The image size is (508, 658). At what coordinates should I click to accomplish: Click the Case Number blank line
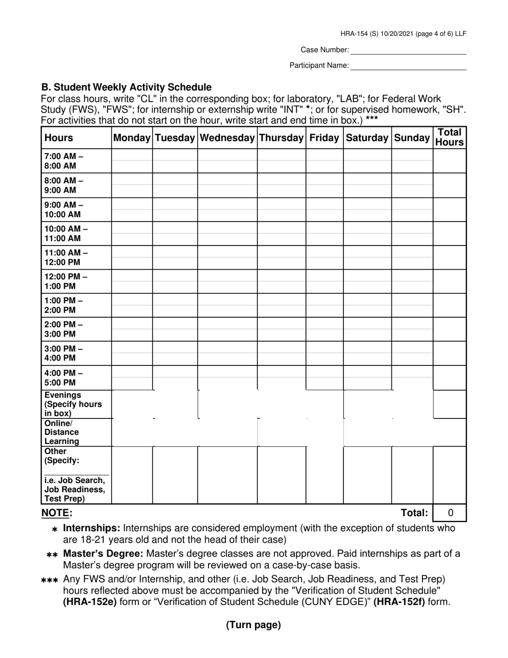(x=408, y=50)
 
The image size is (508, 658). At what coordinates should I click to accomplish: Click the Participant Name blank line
(x=408, y=65)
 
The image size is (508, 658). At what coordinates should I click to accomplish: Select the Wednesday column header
(x=227, y=138)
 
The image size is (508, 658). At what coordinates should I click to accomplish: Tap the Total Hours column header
(x=449, y=137)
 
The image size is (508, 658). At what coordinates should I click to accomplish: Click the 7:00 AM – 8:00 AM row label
(x=64, y=161)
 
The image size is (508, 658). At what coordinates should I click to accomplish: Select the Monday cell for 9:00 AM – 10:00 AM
(x=132, y=209)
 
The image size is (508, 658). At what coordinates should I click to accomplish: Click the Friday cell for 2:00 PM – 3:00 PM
(x=325, y=329)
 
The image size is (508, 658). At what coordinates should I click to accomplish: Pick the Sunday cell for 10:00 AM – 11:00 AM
(x=412, y=233)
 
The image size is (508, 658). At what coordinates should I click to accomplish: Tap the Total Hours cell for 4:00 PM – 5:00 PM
(x=449, y=378)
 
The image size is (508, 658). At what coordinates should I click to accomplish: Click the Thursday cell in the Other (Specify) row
(x=281, y=475)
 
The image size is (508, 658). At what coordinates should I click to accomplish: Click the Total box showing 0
(x=450, y=513)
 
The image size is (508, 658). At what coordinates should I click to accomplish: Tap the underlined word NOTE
(x=57, y=513)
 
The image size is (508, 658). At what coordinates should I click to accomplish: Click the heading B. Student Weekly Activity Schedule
(x=127, y=87)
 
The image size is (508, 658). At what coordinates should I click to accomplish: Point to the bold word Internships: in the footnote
(x=91, y=529)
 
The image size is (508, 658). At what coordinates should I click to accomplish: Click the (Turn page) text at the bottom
(x=253, y=625)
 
